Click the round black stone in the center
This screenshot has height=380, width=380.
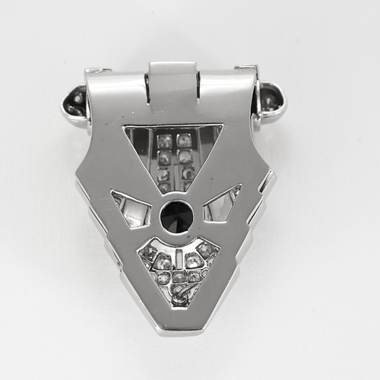pyautogui.click(x=176, y=216)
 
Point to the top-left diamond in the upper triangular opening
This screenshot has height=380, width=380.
pyautogui.click(x=163, y=141)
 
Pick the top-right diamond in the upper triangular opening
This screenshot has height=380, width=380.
pyautogui.click(x=184, y=140)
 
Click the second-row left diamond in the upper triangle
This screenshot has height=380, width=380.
pyautogui.click(x=163, y=158)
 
